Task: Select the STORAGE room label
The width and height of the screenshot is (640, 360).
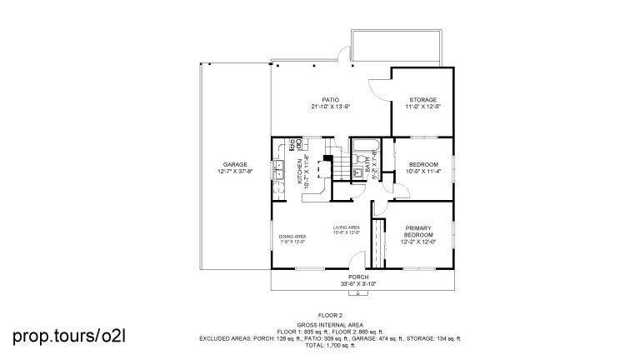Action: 422,99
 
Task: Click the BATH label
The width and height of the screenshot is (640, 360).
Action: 367,173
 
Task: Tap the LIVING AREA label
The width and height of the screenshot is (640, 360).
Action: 346,227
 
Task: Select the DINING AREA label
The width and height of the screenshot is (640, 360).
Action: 292,237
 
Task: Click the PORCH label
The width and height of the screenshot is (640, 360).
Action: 358,277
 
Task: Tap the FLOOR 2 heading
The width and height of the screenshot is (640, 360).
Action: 330,315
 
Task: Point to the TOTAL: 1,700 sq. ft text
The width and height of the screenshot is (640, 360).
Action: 330,344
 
